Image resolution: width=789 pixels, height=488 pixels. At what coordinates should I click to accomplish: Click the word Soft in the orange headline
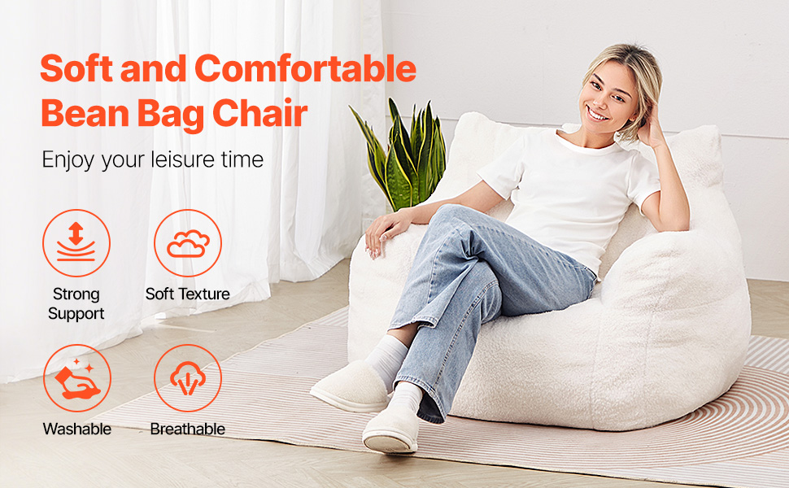[x=76, y=68]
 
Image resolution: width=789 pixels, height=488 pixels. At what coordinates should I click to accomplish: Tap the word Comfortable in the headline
[x=306, y=68]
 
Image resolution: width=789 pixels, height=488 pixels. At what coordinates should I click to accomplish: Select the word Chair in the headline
[x=259, y=112]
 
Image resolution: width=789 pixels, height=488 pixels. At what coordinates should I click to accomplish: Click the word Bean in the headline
[x=85, y=113]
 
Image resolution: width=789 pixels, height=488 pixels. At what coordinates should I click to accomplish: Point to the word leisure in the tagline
[x=183, y=159]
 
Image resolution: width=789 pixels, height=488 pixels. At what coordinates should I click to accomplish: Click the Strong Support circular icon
[x=76, y=243]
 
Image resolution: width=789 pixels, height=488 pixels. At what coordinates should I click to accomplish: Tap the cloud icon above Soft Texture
[x=188, y=243]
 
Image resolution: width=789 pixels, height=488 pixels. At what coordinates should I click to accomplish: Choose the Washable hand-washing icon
[x=77, y=378]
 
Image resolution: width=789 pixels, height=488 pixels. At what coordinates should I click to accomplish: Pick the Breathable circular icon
[x=188, y=378]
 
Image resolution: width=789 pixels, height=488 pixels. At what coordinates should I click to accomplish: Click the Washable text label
[x=77, y=429]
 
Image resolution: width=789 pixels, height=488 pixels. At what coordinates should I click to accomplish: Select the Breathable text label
[x=188, y=429]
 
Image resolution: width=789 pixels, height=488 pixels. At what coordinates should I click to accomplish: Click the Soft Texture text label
[x=188, y=294]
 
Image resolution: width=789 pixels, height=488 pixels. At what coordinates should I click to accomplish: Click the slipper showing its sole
[x=391, y=429]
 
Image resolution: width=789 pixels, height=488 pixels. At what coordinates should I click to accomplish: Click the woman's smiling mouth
[x=598, y=114]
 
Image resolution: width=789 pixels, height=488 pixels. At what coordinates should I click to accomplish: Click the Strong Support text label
[x=76, y=303]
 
